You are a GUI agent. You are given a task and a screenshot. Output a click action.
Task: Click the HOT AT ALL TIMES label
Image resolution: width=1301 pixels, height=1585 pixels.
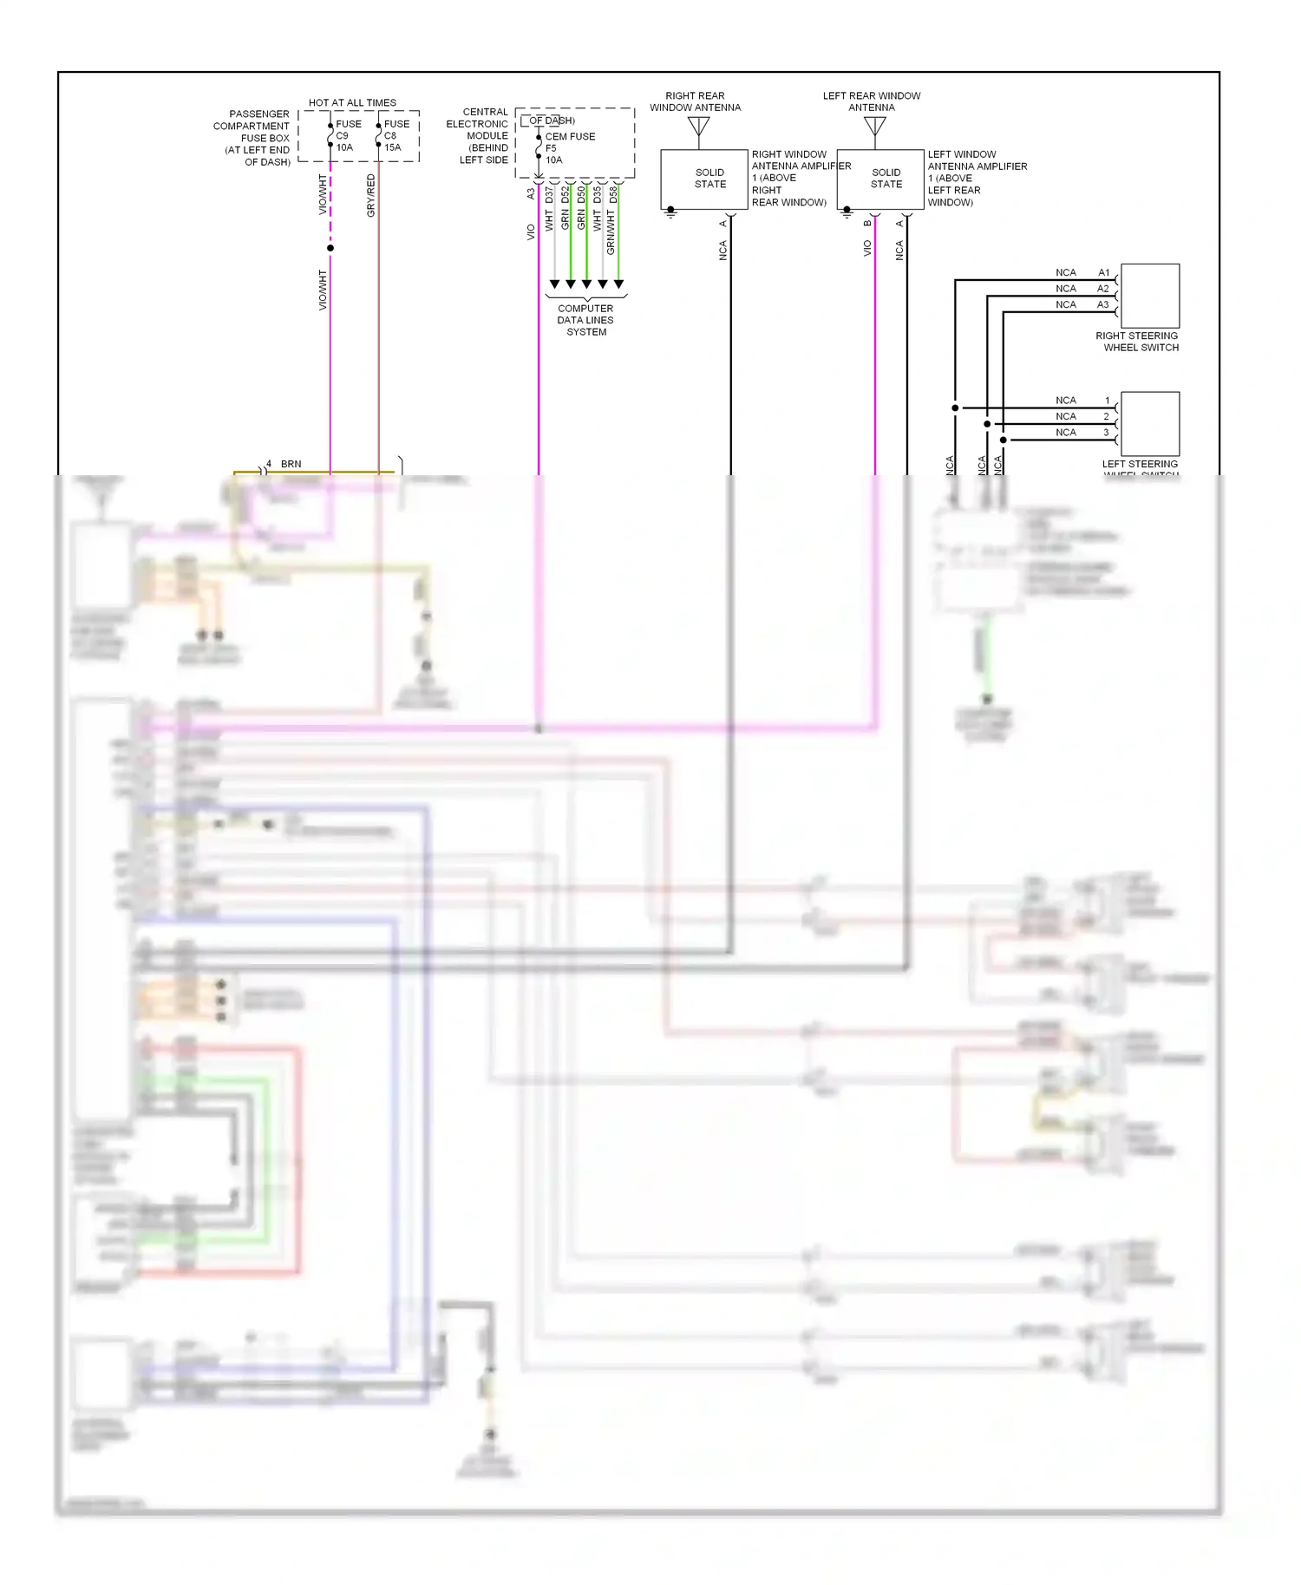point(352,102)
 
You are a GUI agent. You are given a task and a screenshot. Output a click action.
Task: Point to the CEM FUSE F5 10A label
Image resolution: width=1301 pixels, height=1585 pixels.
point(568,148)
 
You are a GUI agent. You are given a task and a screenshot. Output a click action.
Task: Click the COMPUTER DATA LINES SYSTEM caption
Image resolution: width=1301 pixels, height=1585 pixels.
point(585,320)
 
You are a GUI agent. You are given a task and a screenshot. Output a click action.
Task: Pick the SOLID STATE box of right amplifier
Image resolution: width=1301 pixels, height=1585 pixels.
point(704,179)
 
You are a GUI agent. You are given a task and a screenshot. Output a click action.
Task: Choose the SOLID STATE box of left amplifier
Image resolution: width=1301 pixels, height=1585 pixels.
point(880,179)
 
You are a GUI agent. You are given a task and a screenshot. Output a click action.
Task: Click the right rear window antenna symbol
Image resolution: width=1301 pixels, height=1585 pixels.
point(698,127)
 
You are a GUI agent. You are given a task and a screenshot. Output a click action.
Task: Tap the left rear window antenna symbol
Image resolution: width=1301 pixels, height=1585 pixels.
point(875,127)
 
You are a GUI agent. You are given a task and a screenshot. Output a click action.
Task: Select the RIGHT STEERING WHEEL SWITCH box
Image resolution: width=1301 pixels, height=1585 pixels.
point(1150,296)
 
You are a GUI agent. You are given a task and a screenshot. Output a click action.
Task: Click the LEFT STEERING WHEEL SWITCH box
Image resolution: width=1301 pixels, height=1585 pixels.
point(1150,423)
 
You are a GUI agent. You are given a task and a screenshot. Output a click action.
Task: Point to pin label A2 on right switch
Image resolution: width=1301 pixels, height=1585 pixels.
point(1103,289)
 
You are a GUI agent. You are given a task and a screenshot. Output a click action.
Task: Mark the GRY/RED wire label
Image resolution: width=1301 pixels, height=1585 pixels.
point(371,195)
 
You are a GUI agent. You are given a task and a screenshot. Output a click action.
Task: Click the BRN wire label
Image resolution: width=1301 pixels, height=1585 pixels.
point(291,464)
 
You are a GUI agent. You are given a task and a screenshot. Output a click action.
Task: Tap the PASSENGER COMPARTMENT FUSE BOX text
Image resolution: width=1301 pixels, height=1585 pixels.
point(253,137)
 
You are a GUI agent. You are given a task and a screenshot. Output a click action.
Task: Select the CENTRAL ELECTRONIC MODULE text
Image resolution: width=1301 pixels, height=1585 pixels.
point(479,135)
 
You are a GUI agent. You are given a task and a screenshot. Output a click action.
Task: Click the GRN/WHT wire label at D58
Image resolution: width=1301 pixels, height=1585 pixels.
point(611,232)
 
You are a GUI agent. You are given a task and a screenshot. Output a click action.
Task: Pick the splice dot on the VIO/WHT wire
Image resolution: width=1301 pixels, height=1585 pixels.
point(330,248)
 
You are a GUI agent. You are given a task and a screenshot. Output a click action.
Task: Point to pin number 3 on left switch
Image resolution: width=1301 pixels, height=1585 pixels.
point(1106,432)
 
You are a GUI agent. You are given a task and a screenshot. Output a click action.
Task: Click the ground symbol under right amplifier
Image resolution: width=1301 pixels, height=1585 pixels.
point(670,212)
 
